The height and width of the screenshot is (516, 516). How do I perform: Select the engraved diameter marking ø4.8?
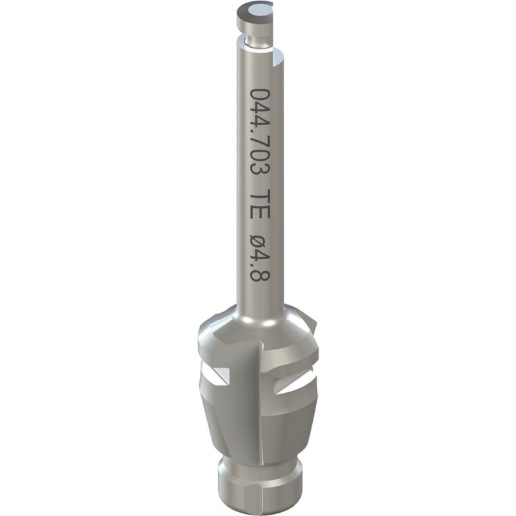pos(260,257)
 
